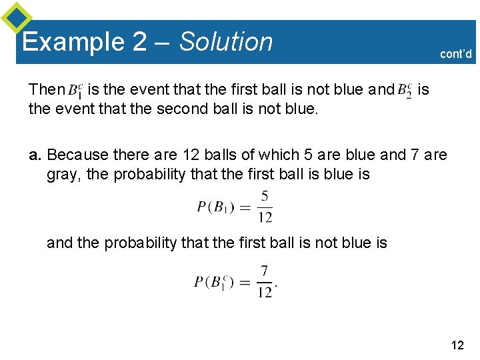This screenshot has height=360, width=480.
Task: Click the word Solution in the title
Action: (226, 41)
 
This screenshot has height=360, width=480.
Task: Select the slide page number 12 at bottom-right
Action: (457, 345)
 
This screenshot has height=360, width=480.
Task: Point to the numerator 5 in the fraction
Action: (265, 196)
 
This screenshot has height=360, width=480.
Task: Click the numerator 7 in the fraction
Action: (265, 271)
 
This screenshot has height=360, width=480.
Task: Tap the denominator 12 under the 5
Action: (265, 217)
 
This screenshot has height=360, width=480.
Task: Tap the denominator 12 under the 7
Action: (265, 292)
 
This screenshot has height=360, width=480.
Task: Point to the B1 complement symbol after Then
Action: (75, 90)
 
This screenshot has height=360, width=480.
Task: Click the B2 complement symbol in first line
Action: (405, 90)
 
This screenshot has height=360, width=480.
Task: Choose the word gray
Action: (62, 175)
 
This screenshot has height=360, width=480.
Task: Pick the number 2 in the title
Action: (139, 42)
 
